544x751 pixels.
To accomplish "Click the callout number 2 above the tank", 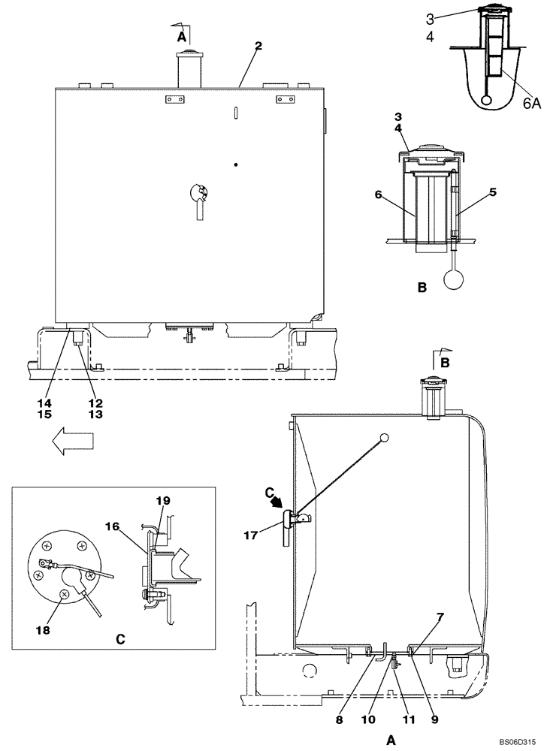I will [258, 47].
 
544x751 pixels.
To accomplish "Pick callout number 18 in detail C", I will [43, 631].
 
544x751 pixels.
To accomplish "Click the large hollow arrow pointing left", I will [72, 443].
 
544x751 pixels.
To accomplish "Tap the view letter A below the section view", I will [391, 740].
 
